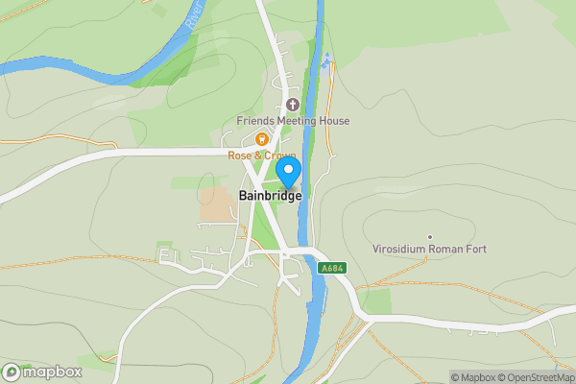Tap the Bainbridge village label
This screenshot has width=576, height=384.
pyautogui.click(x=269, y=195)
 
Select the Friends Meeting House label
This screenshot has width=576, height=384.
pyautogui.click(x=294, y=121)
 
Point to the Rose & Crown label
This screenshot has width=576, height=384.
pyautogui.click(x=261, y=156)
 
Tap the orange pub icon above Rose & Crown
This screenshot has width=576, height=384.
pyautogui.click(x=261, y=139)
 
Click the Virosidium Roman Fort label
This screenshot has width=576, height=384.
pyautogui.click(x=429, y=250)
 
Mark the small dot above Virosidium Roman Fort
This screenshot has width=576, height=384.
pyautogui.click(x=430, y=236)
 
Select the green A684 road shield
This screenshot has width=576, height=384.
pyautogui.click(x=331, y=269)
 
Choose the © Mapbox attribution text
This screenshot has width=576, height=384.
pyautogui.click(x=472, y=377)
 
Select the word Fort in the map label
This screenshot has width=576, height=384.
pyautogui.click(x=474, y=250)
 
